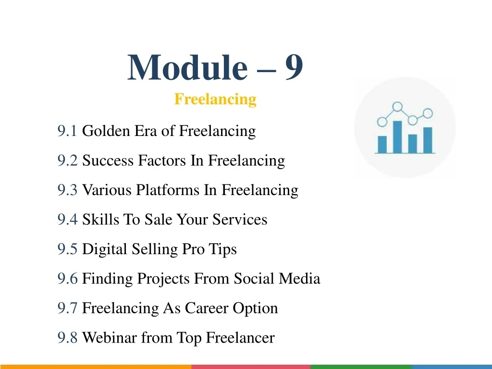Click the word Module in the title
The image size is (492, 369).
tap(187, 67)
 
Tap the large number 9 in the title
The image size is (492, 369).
tap(294, 67)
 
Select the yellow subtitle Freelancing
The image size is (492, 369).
tap(215, 99)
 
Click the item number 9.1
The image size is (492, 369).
tap(67, 131)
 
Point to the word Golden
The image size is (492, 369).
tap(106, 131)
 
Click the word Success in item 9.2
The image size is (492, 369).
tap(108, 160)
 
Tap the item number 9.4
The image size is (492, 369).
tap(67, 219)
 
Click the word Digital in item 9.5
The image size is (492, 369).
tap(104, 249)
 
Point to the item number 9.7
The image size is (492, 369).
tap(67, 308)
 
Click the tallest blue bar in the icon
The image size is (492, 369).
tap(397, 137)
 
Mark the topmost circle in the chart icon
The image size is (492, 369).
tap(397, 107)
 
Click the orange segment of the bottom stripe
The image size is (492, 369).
tap(96, 367)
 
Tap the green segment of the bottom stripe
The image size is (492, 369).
tap(361, 367)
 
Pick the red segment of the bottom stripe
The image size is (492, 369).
tap(251, 367)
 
